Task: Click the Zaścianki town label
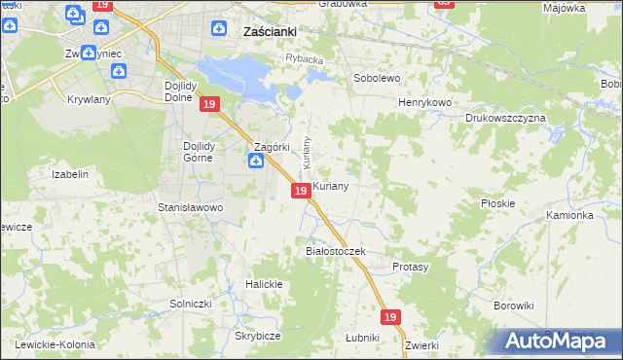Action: pyautogui.click(x=268, y=31)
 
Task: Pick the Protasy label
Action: pyautogui.click(x=410, y=267)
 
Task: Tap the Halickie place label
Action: pyautogui.click(x=264, y=284)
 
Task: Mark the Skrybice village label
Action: pyautogui.click(x=258, y=336)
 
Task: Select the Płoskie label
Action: pyautogui.click(x=497, y=203)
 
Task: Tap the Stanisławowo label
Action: pyautogui.click(x=191, y=207)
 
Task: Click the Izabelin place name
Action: pyautogui.click(x=70, y=175)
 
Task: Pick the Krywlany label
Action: pyautogui.click(x=89, y=99)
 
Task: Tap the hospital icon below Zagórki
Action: pyautogui.click(x=255, y=162)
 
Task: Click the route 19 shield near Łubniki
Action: pyautogui.click(x=390, y=317)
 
